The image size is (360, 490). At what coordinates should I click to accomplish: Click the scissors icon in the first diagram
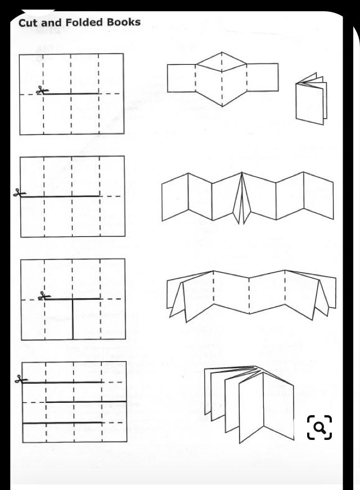coord(40,90)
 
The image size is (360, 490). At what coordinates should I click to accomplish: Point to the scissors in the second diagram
coord(19,194)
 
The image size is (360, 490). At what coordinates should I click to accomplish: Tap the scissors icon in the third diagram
coord(43,296)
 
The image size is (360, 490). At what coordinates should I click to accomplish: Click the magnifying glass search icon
coord(319,428)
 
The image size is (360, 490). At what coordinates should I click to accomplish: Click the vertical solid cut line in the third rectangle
coord(73,318)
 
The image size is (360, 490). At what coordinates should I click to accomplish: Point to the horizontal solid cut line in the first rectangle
coord(71,93)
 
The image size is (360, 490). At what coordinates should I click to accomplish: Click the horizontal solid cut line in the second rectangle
coord(62,196)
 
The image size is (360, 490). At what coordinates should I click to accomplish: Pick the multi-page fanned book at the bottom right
coord(249,403)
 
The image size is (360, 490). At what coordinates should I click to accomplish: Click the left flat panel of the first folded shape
coord(181,78)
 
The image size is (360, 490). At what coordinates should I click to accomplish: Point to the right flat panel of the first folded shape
coord(263,78)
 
